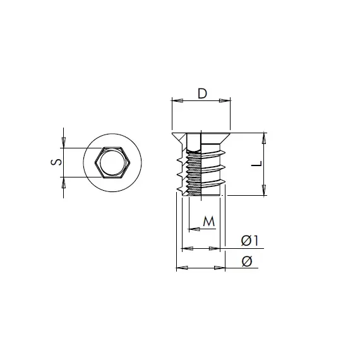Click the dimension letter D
coord(202,93)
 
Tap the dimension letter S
coord(56,162)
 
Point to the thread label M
coord(209,222)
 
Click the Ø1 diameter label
coord(250,241)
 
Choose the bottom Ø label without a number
coord(247,261)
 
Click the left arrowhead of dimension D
coord(177,100)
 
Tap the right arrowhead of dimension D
coord(225,100)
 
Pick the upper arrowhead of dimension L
coord(264,138)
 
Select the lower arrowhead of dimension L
coord(264,190)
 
